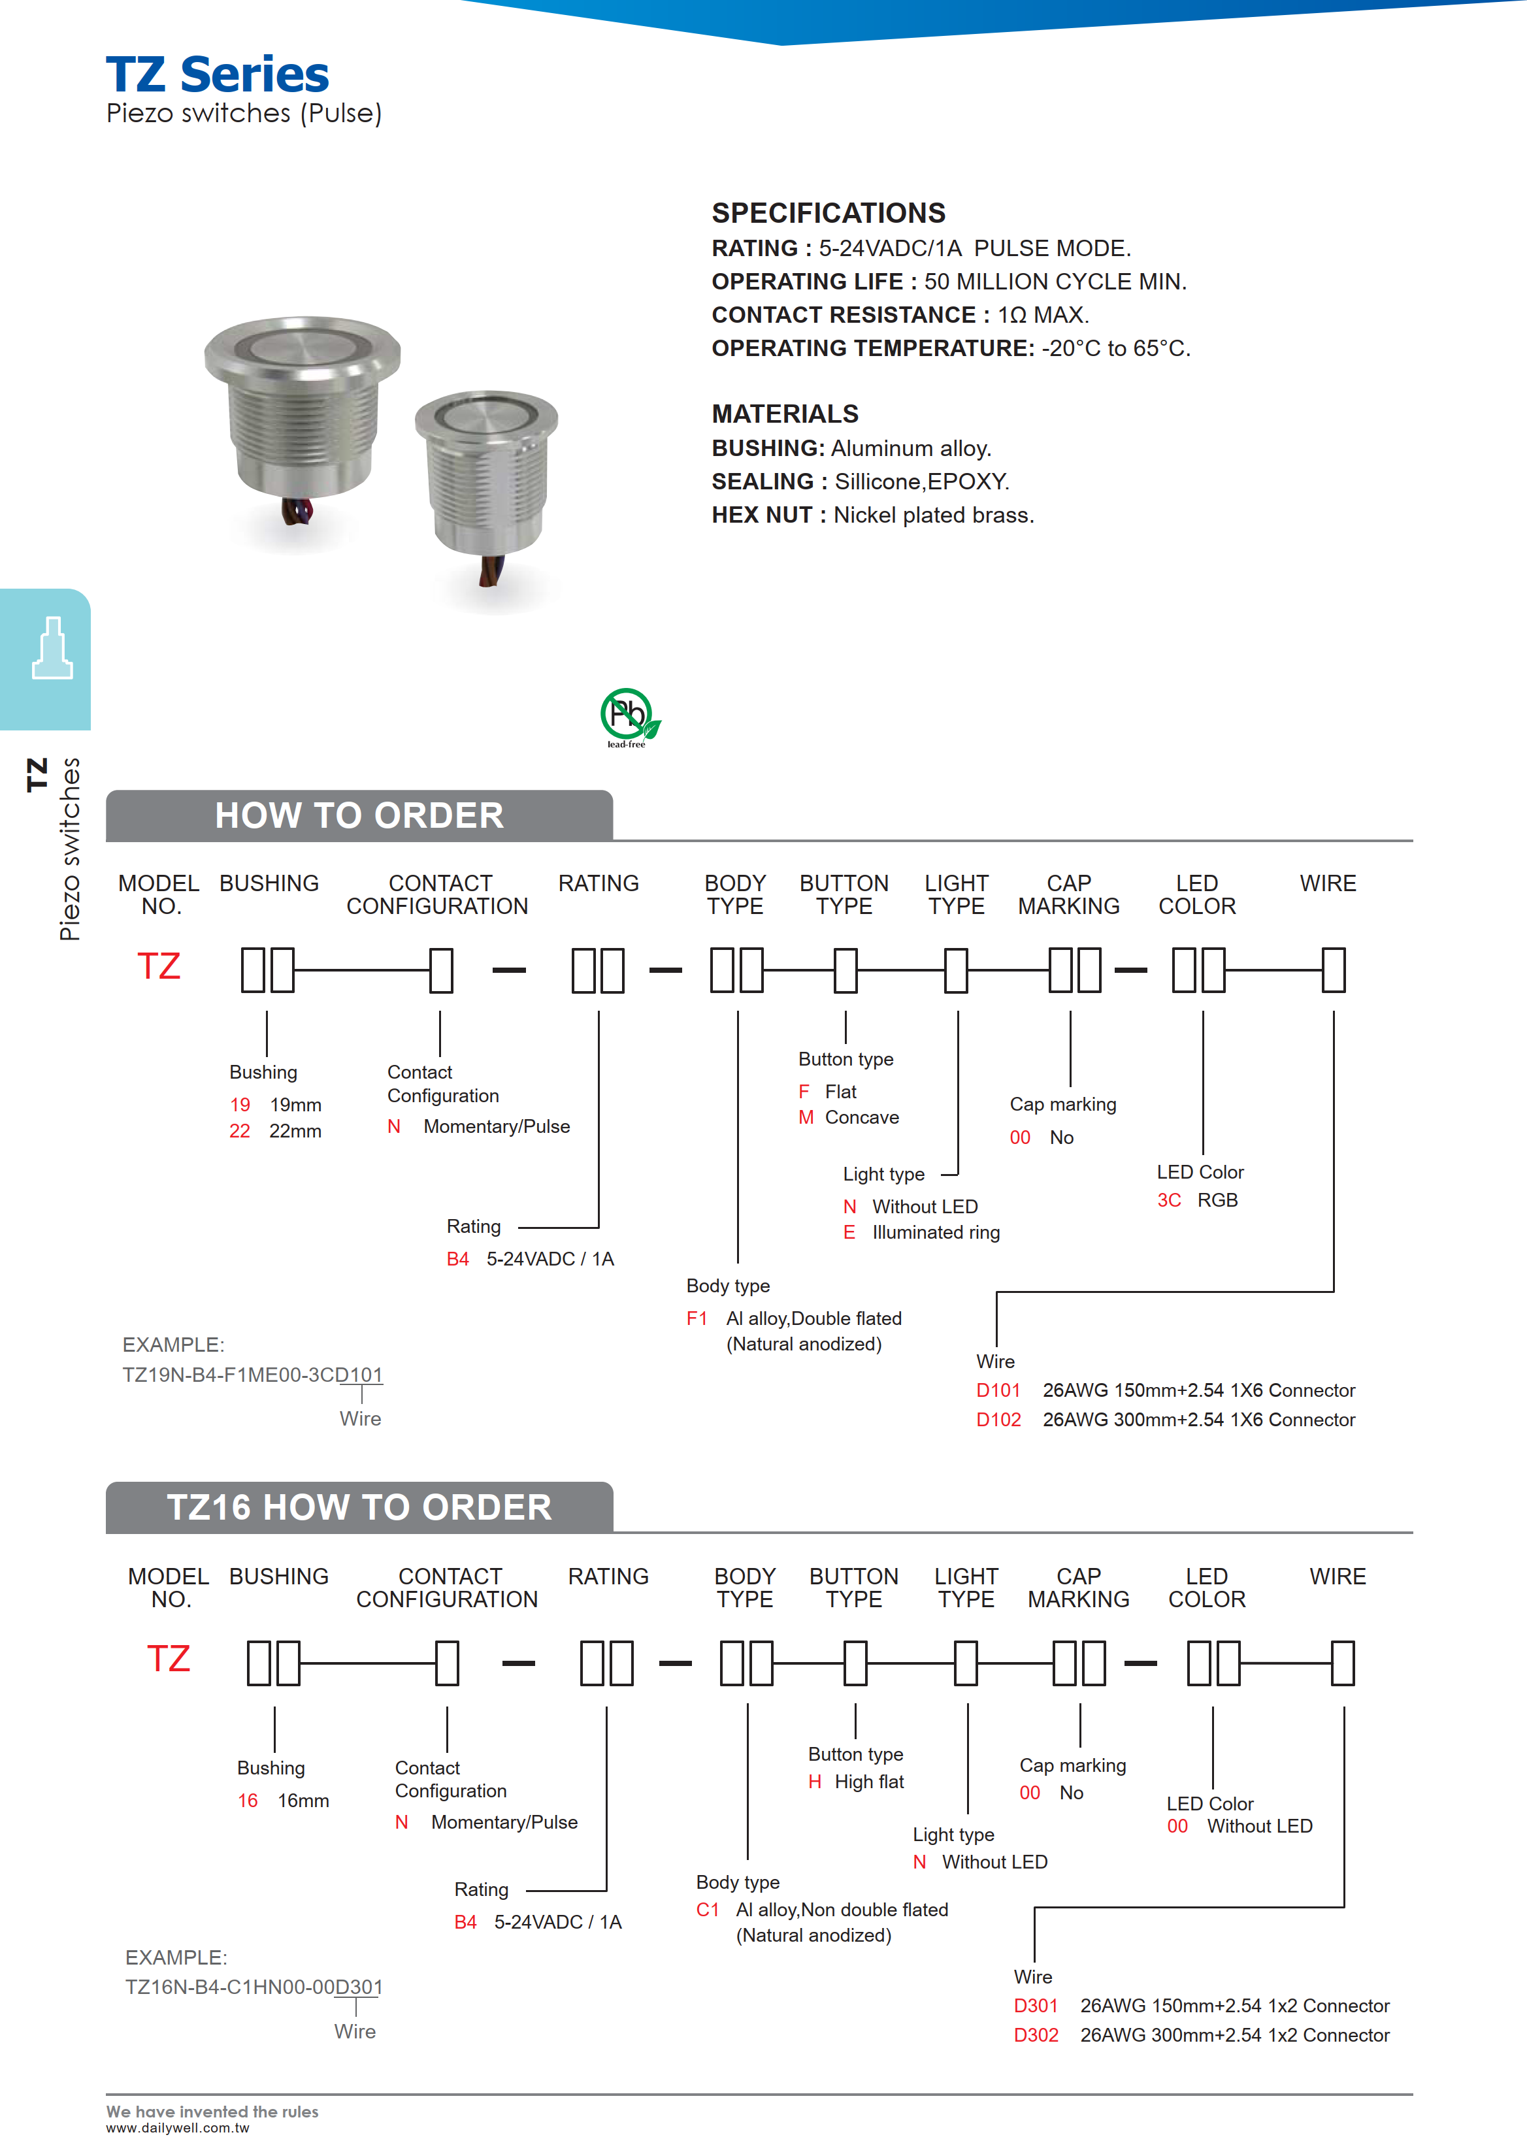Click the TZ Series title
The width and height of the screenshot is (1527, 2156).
[217, 74]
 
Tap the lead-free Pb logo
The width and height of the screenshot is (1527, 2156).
[628, 717]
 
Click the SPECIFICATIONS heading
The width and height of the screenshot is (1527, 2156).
[827, 214]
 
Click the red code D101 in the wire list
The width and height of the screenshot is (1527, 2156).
[998, 1390]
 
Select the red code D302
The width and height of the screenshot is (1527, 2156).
[1035, 2034]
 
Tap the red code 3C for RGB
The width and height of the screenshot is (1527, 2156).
[1169, 1200]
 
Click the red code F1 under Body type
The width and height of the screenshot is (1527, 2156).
[697, 1318]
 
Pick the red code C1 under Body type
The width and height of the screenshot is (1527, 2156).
[707, 1910]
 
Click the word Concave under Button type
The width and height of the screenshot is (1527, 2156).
[861, 1117]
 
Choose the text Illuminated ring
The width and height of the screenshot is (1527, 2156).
[936, 1232]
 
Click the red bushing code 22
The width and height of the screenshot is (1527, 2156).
[240, 1130]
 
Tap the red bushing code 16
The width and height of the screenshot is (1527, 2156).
[247, 1801]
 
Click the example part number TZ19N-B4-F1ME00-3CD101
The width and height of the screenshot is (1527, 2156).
[252, 1375]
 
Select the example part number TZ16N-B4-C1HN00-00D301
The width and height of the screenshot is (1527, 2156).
[254, 1987]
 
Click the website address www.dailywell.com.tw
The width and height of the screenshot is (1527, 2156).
[177, 2128]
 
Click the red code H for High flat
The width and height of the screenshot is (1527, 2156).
[814, 1782]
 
